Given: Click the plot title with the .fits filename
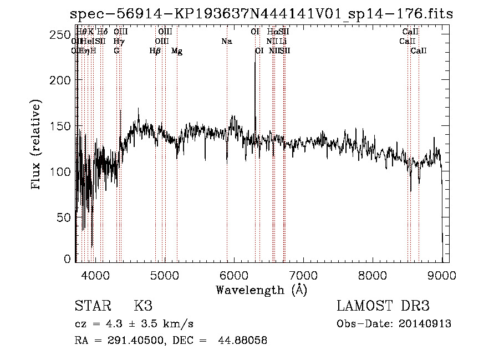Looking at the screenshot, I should tap(261, 14).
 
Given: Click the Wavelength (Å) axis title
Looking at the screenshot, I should tap(261, 290).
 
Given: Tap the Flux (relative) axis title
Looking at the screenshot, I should tap(37, 146).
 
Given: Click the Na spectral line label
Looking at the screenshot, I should tap(226, 41).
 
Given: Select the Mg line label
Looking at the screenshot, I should tap(177, 51).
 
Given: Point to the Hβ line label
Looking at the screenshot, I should tap(155, 51).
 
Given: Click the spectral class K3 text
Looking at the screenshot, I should tap(142, 306).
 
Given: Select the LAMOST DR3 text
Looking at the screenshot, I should tap(383, 306).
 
